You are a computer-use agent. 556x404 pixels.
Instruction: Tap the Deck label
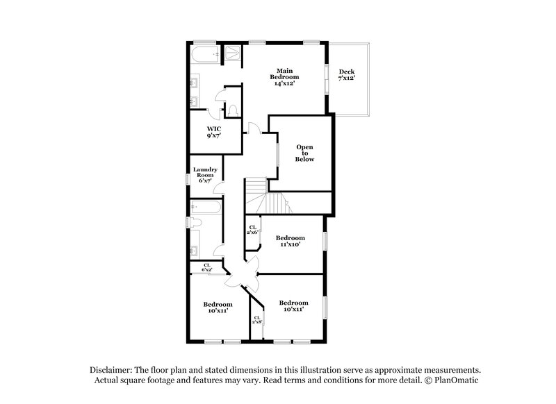coord(346,75)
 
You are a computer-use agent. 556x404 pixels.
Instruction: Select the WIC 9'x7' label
coord(214,133)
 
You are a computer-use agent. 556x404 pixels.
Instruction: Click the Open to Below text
coord(305,153)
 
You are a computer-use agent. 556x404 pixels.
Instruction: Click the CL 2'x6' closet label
coord(253,230)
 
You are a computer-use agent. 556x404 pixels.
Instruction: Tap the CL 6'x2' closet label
coord(206,268)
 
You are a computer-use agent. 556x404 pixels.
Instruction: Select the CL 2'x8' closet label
coord(257,321)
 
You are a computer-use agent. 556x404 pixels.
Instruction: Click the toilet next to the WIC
coord(233,110)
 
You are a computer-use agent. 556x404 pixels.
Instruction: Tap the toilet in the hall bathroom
coord(195,222)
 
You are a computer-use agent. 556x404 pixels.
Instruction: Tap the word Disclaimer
coord(111,370)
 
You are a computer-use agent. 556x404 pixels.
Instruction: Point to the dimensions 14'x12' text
coord(284,83)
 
